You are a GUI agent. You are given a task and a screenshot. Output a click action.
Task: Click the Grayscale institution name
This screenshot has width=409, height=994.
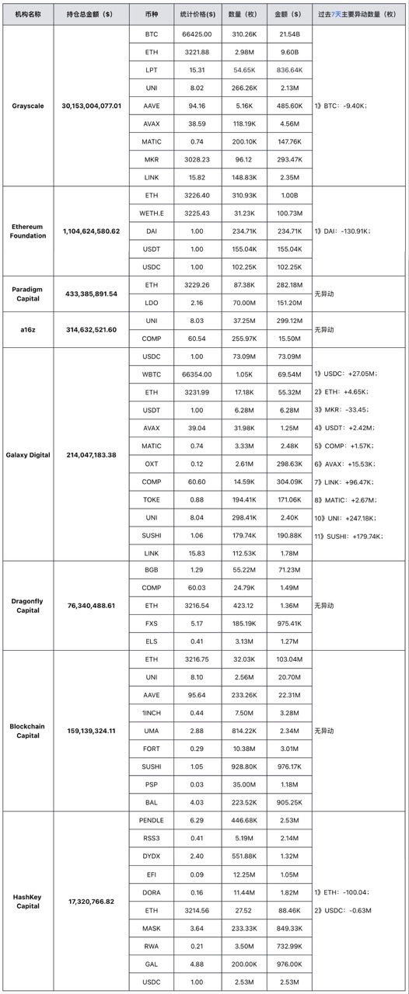pos(27,106)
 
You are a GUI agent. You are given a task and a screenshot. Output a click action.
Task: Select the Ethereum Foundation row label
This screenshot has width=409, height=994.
pos(27,231)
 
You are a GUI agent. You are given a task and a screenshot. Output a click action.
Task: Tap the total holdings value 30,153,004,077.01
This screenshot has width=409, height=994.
pos(92,106)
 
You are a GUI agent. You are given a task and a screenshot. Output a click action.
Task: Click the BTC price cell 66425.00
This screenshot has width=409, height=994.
pos(175,35)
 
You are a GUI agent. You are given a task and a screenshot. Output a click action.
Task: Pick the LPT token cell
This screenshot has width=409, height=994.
pos(152,70)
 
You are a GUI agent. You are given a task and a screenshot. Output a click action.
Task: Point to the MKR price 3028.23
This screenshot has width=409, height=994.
pos(175,158)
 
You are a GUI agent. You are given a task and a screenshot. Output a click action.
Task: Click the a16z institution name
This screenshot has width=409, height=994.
pos(27,329)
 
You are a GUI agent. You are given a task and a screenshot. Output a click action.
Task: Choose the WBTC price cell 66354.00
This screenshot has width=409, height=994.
pos(175,374)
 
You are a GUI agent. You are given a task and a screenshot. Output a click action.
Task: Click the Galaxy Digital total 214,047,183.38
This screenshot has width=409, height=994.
pos(92,454)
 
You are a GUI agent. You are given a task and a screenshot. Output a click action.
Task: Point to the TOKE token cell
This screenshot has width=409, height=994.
pos(152,499)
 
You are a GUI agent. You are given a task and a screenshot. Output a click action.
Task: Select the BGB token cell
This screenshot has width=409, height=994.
pos(152,570)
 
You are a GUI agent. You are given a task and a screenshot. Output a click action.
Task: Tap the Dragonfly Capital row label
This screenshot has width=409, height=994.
pos(27,605)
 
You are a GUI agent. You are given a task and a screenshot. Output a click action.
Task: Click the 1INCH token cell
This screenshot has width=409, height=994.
pos(152,712)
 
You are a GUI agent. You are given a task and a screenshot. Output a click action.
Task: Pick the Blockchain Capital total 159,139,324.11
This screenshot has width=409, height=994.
pos(92,731)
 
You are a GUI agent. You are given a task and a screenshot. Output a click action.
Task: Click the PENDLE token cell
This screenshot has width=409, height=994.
pos(152,820)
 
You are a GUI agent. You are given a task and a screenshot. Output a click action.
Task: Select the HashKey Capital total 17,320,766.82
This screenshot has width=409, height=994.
pos(92,901)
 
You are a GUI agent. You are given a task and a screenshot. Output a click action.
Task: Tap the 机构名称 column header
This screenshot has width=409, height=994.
pos(27,14)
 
